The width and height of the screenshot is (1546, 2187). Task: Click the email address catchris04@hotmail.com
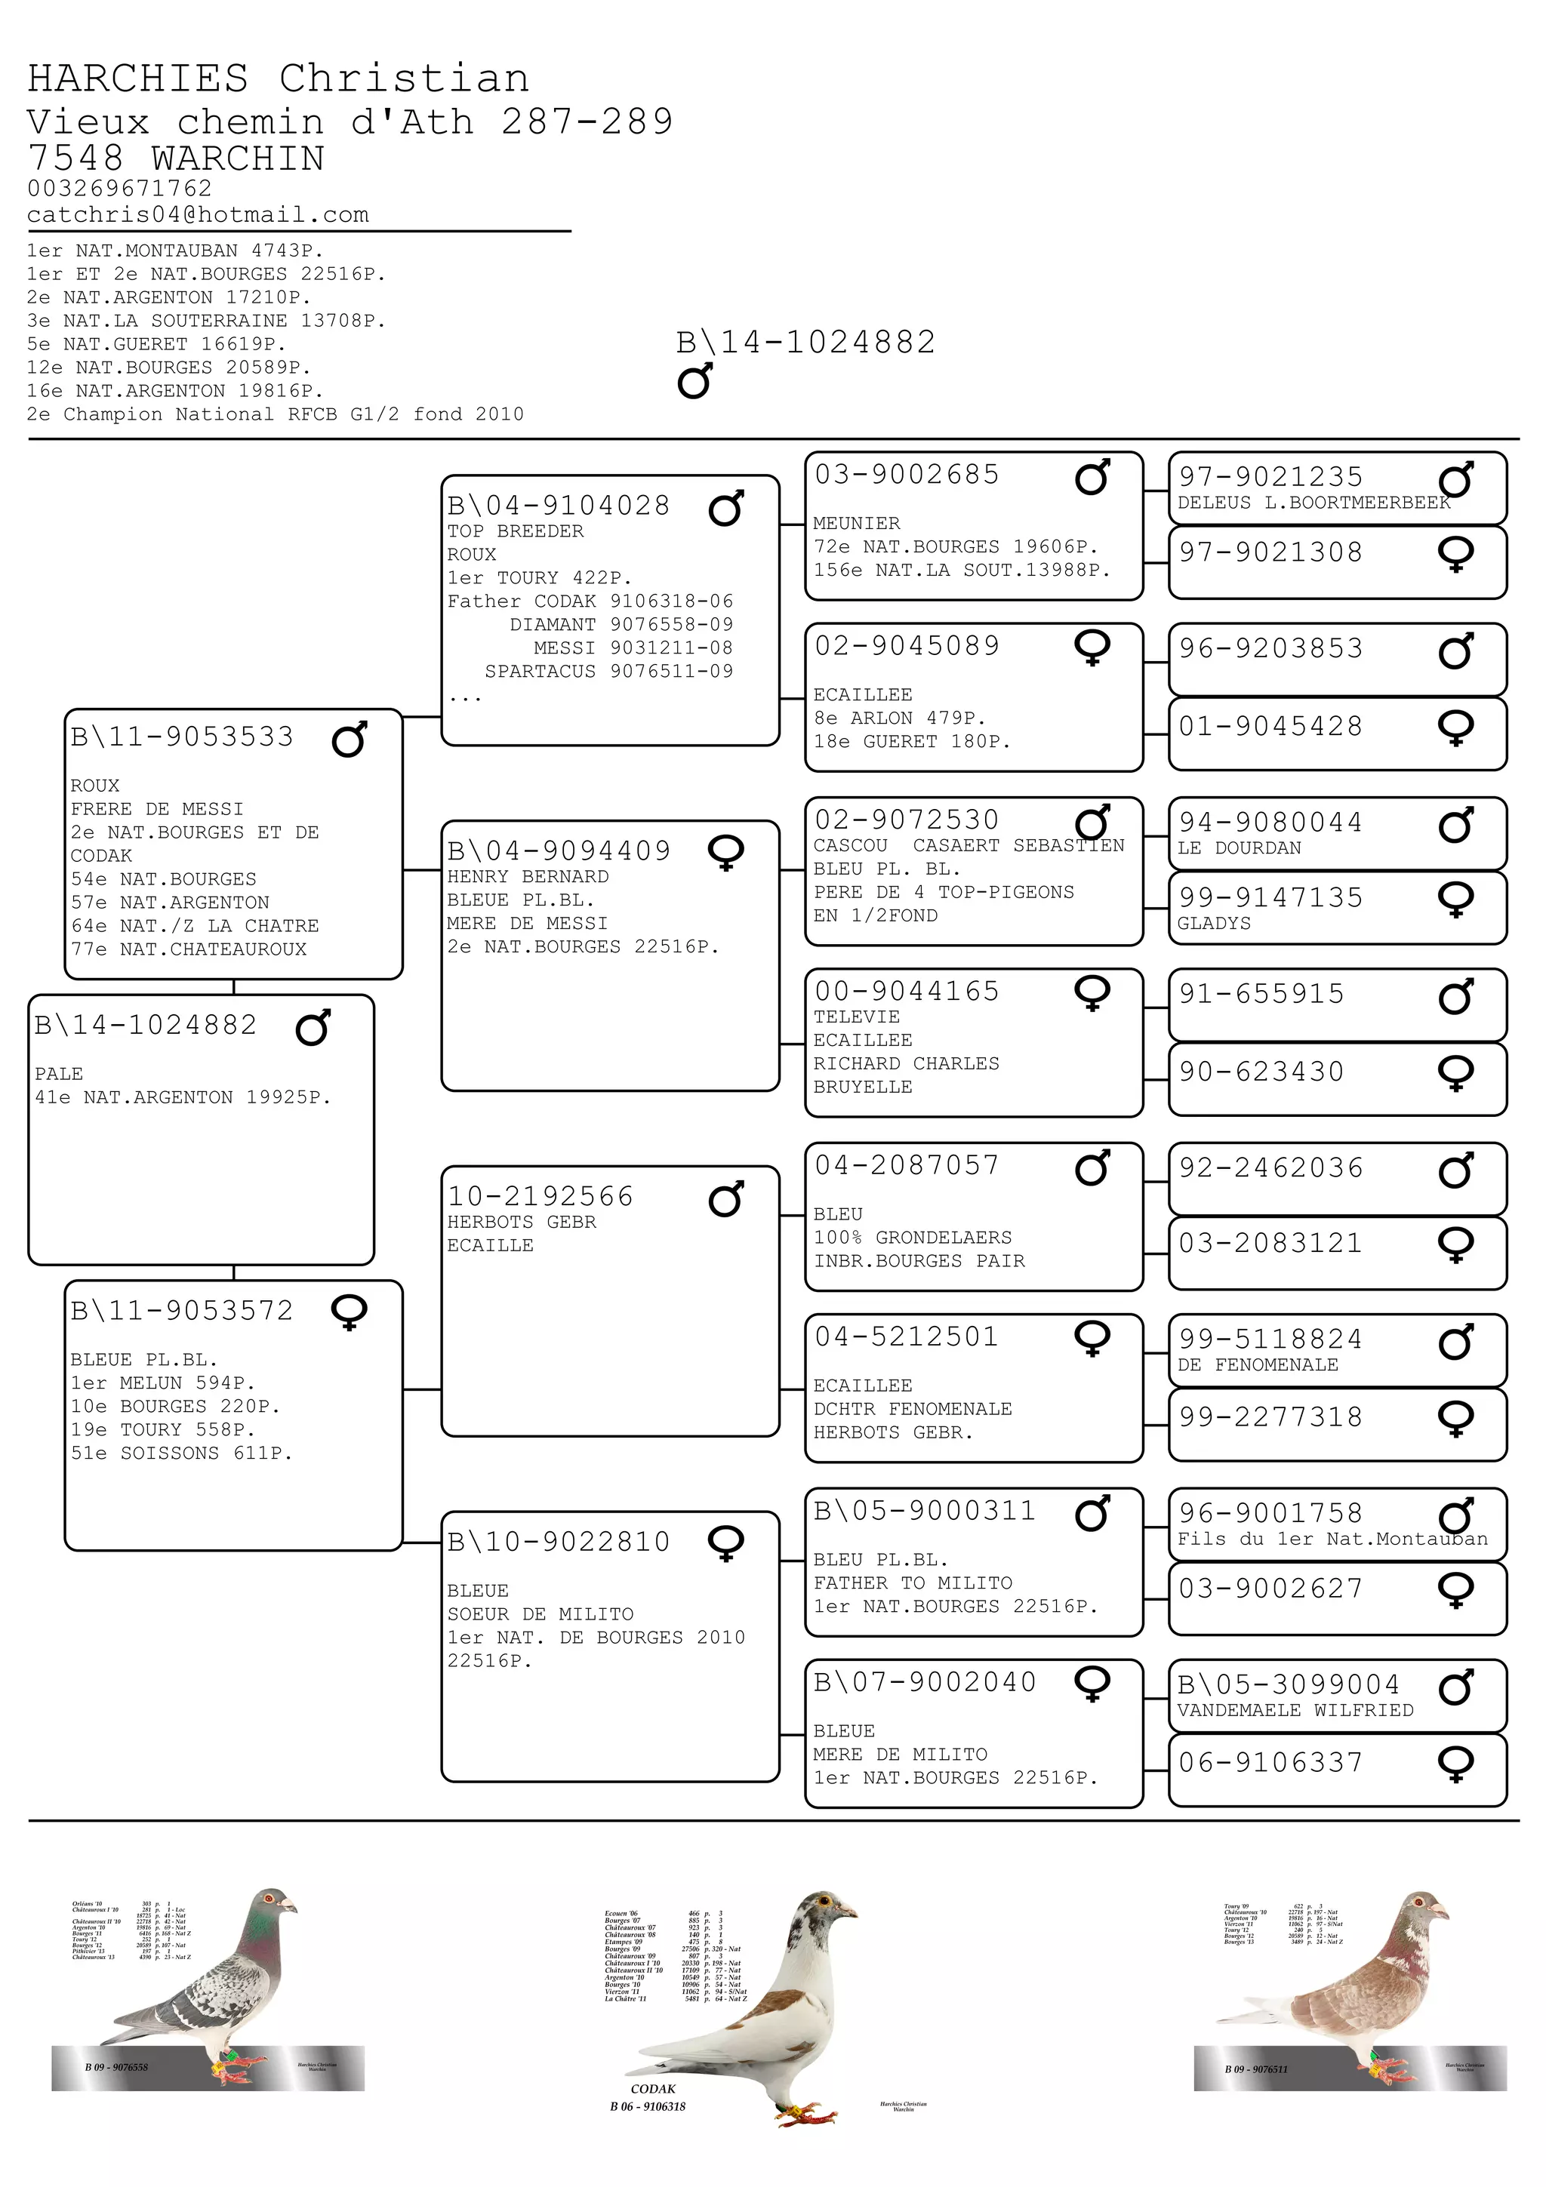(197, 215)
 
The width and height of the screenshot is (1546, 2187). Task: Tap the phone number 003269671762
(119, 189)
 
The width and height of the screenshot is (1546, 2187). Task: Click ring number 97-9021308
(1270, 552)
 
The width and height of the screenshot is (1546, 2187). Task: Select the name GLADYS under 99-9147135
(1214, 923)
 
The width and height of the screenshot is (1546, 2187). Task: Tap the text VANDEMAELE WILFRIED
(1295, 1710)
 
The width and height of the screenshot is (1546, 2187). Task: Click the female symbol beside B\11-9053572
(349, 1312)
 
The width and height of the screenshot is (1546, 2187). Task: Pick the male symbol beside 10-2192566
(726, 1199)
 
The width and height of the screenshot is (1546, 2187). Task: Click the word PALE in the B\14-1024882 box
(58, 1073)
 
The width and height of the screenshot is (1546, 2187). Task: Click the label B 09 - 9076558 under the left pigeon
(116, 2068)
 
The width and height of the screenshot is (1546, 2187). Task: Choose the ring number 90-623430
(1261, 1072)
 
